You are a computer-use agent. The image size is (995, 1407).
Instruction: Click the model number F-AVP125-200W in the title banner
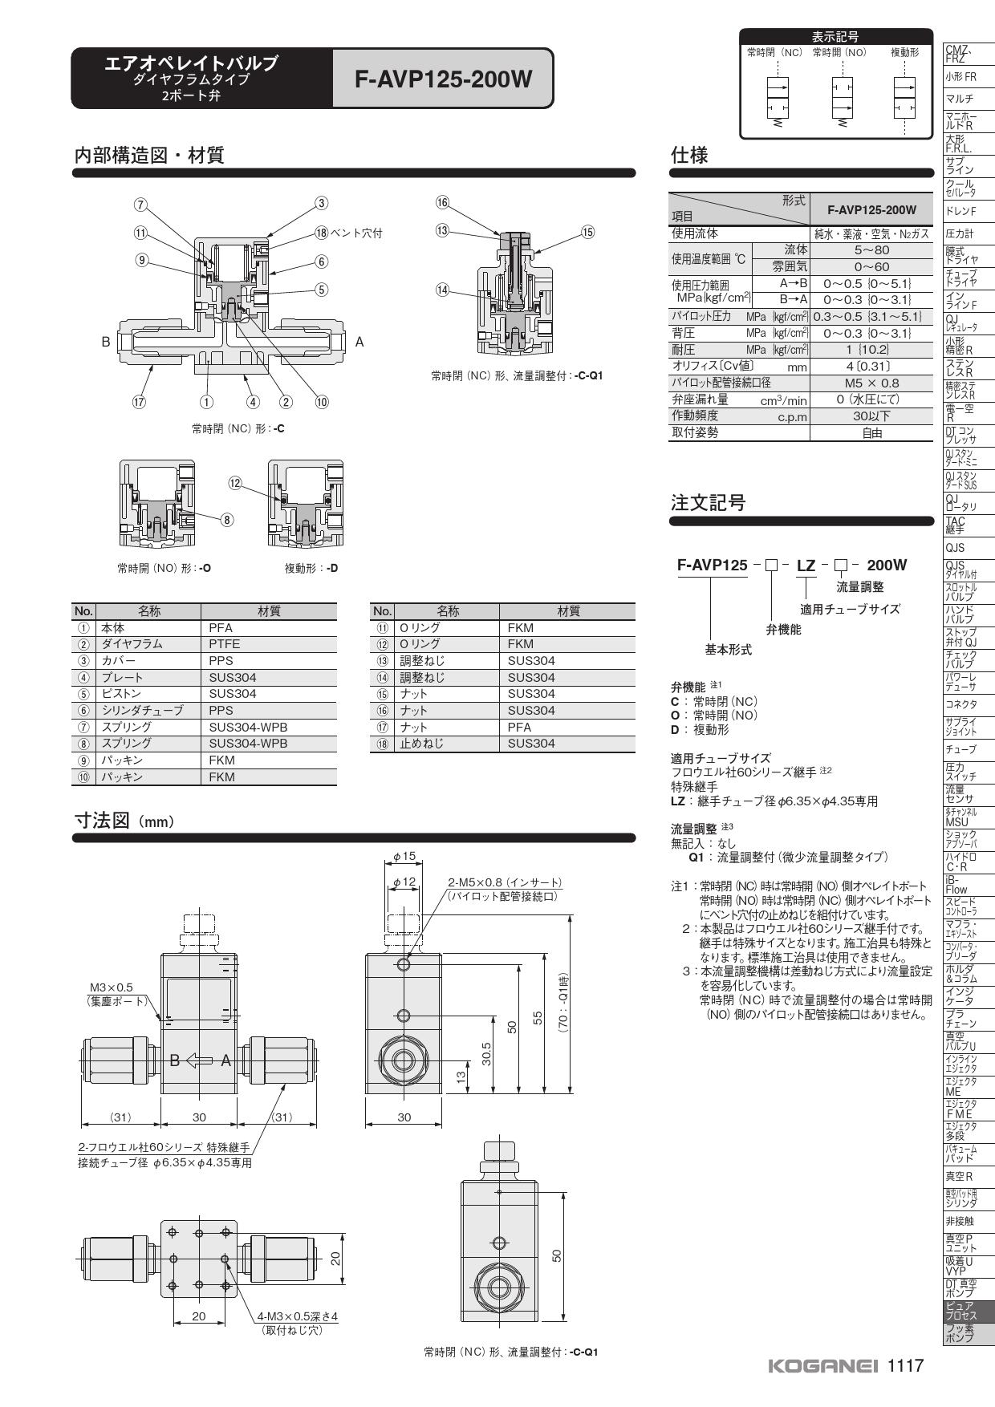[x=444, y=79]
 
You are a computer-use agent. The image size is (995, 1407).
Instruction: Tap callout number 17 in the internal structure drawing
[x=139, y=402]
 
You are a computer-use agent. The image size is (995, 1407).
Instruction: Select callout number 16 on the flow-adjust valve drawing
[x=443, y=203]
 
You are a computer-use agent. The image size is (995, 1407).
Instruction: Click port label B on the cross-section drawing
[x=105, y=342]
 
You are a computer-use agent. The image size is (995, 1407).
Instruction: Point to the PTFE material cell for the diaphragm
[x=225, y=644]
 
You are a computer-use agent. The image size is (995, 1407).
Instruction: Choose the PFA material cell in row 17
[x=520, y=727]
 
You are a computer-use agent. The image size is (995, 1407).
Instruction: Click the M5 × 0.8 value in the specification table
[x=871, y=383]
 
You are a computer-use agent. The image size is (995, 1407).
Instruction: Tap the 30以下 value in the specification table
[x=871, y=416]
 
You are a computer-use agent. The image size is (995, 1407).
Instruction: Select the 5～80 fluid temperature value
[x=871, y=250]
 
